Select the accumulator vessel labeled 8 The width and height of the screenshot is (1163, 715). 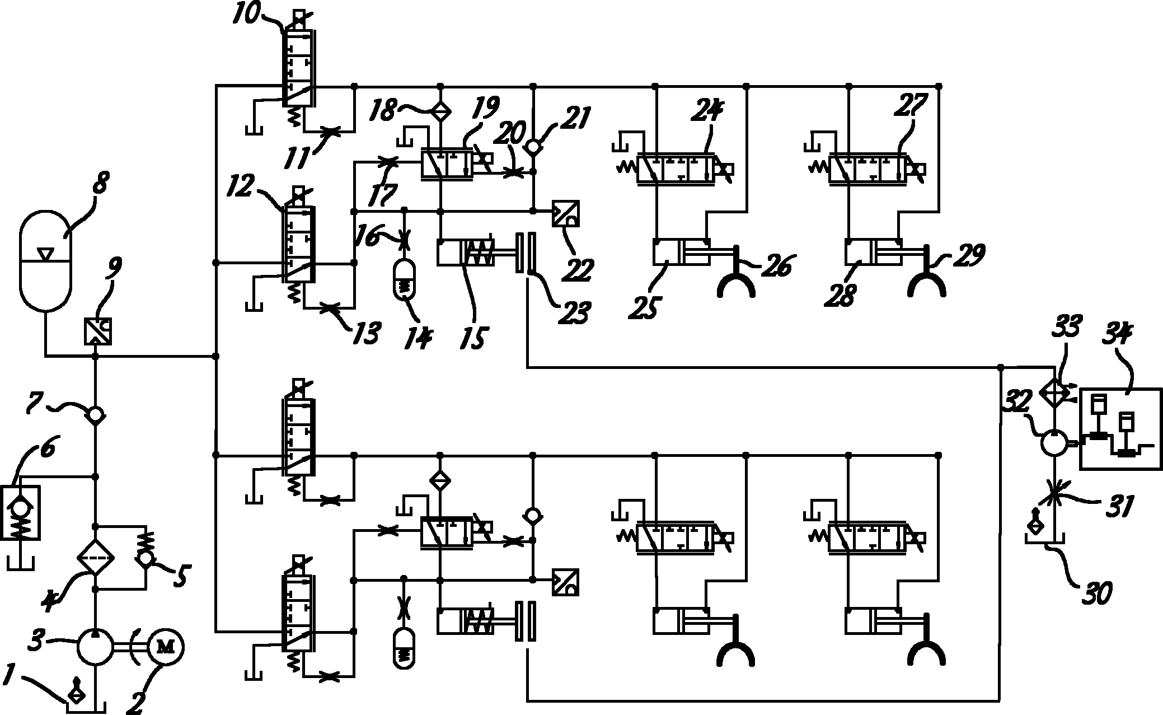pyautogui.click(x=45, y=261)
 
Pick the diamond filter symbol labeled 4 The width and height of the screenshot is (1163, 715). pyautogui.click(x=95, y=558)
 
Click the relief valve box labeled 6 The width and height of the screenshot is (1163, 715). pyautogui.click(x=21, y=512)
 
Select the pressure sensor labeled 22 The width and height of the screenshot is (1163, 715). pyautogui.click(x=565, y=213)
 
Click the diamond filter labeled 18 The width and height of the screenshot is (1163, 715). pyautogui.click(x=440, y=111)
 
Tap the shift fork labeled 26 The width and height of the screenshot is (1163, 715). pyautogui.click(x=737, y=280)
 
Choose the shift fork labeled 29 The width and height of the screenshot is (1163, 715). pyautogui.click(x=927, y=280)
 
